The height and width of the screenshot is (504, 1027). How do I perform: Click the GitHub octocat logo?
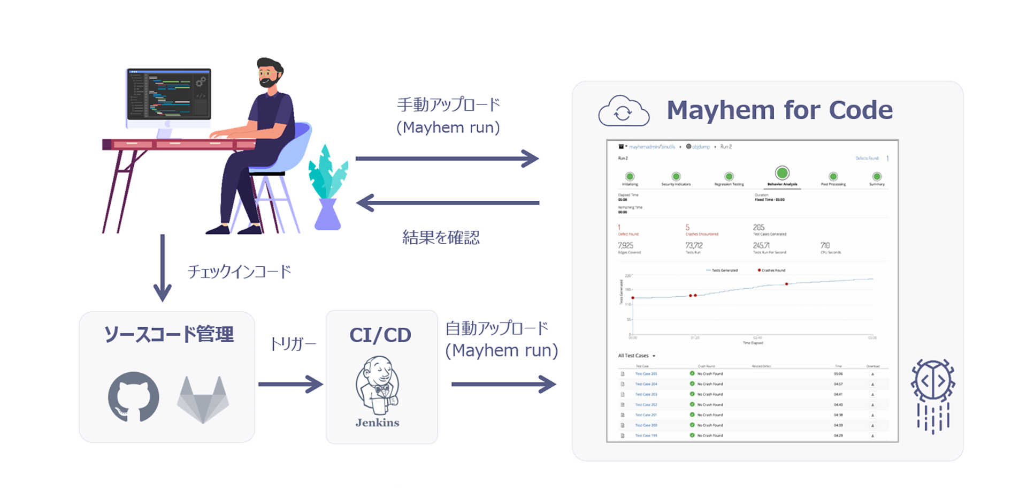133,397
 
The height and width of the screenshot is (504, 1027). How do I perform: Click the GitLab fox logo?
203,400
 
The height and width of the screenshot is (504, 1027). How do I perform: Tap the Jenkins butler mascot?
377,386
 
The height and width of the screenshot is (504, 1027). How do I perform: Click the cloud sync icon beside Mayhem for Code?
623,111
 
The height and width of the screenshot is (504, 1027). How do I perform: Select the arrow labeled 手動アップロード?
447,159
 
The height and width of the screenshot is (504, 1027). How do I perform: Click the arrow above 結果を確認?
447,203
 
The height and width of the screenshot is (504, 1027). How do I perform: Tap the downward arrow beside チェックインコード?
163,268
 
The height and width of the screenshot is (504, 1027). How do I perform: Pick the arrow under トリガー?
290,384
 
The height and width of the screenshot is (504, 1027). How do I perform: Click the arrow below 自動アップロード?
503,384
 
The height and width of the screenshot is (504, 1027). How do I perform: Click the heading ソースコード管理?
168,335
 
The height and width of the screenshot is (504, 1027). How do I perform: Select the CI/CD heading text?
380,335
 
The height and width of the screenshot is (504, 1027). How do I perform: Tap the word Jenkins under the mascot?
377,423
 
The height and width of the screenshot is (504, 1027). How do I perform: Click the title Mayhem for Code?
779,110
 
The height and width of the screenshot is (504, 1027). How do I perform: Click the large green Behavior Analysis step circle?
782,173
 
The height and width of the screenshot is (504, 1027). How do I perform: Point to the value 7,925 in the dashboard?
625,245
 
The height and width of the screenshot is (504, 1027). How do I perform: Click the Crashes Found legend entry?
771,270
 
